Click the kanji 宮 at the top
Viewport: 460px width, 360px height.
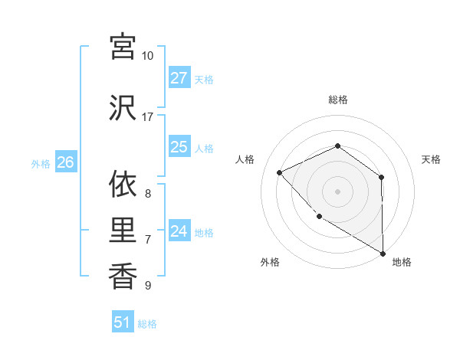click(123, 47)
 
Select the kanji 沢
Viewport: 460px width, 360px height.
click(123, 106)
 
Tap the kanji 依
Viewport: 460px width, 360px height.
click(123, 183)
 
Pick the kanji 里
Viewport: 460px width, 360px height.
click(123, 229)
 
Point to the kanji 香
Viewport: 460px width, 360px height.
click(123, 275)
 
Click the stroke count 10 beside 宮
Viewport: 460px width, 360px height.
click(148, 56)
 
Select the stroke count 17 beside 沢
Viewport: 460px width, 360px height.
click(148, 117)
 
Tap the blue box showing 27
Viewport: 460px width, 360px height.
click(179, 78)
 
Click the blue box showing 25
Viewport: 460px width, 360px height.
click(179, 148)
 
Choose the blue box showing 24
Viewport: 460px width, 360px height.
click(179, 231)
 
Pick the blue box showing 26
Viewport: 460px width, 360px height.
click(66, 162)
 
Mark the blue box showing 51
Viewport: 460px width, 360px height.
click(123, 322)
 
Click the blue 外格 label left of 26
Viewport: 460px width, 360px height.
click(41, 163)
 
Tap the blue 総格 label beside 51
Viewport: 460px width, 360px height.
click(147, 324)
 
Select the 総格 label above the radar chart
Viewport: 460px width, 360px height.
click(337, 100)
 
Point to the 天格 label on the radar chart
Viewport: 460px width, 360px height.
click(432, 159)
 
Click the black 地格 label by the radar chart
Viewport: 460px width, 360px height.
click(402, 262)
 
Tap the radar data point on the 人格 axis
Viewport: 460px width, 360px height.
click(280, 173)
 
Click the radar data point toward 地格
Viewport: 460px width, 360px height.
click(383, 254)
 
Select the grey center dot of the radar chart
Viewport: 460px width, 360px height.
click(337, 191)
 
